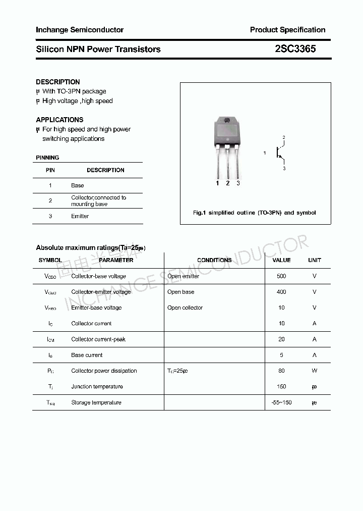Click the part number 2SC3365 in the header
pos(295,49)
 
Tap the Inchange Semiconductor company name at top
pos(80,30)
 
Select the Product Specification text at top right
pos(287,30)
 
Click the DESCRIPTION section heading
pos(58,82)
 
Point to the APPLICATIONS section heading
pos(59,120)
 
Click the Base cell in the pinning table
pos(77,185)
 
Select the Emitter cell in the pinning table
pos(80,216)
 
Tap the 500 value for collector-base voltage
pos(281,276)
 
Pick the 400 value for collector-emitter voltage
pos(281,292)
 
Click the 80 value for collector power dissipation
pos(281,371)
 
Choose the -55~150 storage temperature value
pos(281,402)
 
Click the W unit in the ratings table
pos(314,371)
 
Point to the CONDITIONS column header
pos(214,260)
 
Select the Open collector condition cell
pos(185,308)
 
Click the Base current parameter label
pos(87,355)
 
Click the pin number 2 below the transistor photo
pos(228,183)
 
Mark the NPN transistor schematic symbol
pos(279,152)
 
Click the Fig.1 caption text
pos(255,213)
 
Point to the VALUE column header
pos(281,260)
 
